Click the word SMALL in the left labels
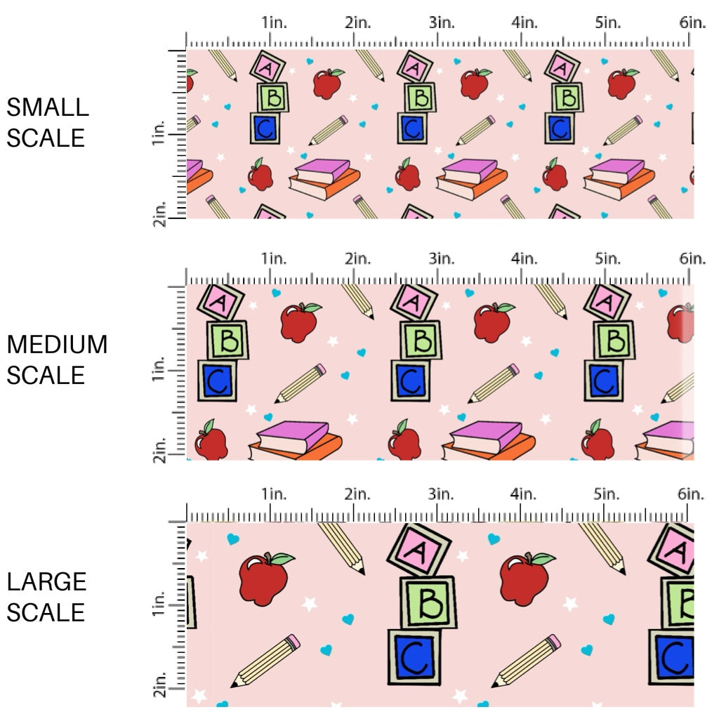click(48, 107)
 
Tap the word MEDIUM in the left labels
click(57, 345)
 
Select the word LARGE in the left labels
click(47, 582)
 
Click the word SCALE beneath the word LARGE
click(46, 612)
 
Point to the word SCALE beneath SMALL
click(46, 138)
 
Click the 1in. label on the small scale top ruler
click(275, 22)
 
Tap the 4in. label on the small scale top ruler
click(525, 22)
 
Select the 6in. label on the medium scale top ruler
click(692, 258)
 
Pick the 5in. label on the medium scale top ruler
click(608, 258)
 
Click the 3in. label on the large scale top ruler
click(441, 494)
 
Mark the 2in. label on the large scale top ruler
click(357, 494)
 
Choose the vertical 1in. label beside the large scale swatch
click(158, 605)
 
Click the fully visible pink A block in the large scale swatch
click(418, 550)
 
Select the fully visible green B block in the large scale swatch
click(428, 602)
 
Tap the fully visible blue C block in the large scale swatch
click(414, 657)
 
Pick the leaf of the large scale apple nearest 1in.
click(282, 559)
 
